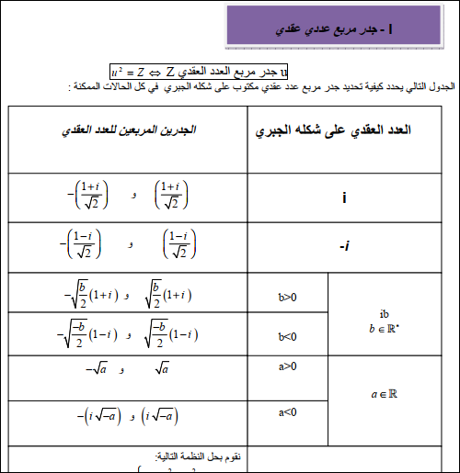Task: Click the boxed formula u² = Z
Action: [x=200, y=71]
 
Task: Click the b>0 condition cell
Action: [x=287, y=297]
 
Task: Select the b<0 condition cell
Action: [x=287, y=337]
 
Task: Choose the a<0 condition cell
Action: [x=287, y=412]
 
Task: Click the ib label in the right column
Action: [x=385, y=312]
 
